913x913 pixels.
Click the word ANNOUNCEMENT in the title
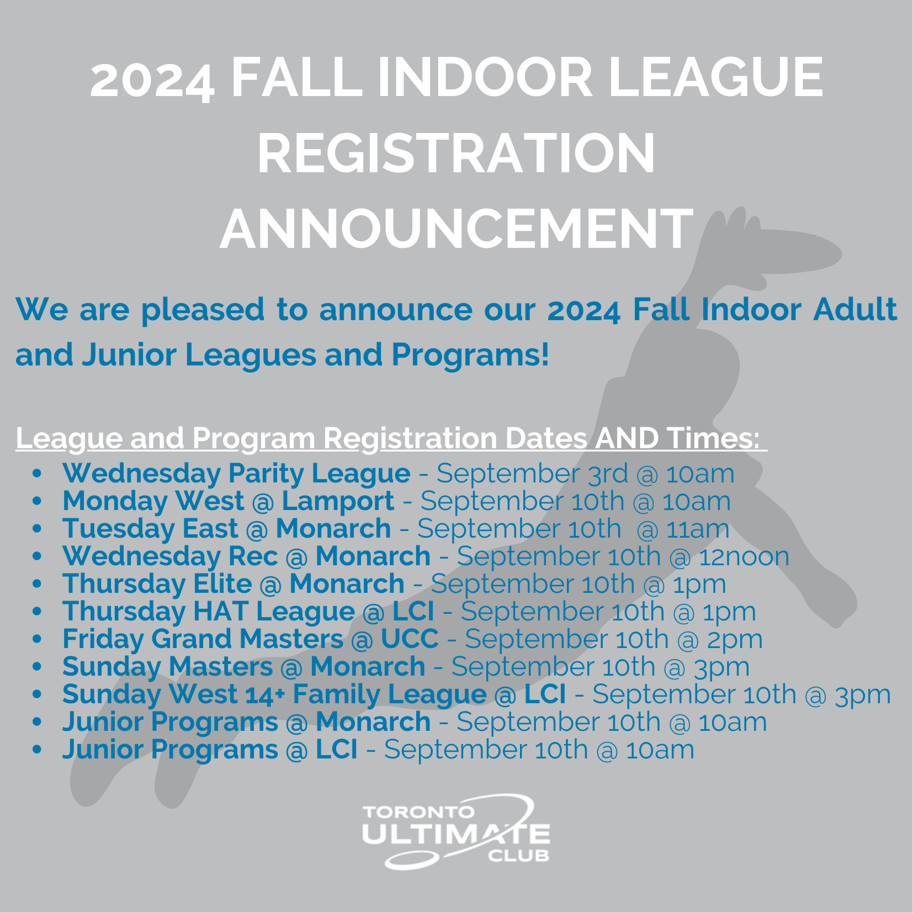click(456, 229)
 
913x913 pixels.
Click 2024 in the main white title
click(152, 80)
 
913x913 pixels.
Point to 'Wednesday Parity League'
click(236, 474)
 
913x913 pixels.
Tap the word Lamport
click(338, 501)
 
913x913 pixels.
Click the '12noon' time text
click(744, 556)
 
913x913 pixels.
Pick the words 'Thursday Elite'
click(157, 584)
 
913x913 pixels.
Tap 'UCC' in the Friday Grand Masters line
click(410, 639)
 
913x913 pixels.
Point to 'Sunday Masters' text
click(167, 667)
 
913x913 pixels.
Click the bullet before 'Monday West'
click(37, 501)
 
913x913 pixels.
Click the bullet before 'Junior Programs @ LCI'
click(37, 750)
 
